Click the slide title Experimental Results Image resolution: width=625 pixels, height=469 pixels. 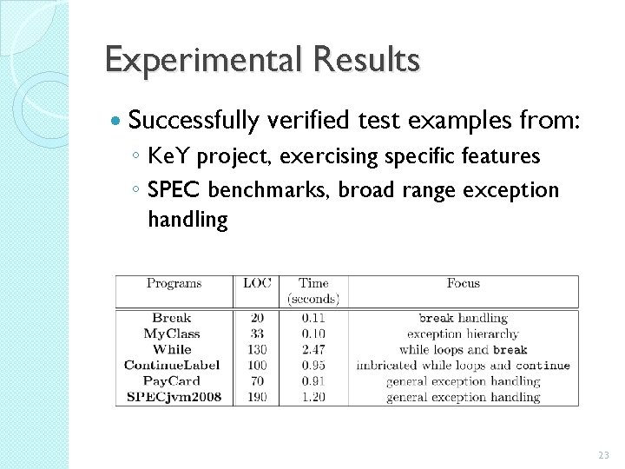click(262, 60)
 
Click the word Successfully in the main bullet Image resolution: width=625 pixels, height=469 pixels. click(194, 121)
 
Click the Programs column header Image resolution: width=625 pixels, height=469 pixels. click(174, 283)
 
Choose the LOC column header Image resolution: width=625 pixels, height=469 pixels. click(257, 283)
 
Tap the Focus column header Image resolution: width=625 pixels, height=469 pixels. click(463, 283)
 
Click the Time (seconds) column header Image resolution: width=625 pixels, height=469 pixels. click(313, 291)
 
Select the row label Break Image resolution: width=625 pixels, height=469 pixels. click(172, 318)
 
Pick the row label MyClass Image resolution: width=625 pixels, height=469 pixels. click(172, 334)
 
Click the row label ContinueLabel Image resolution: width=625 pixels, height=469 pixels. click(172, 366)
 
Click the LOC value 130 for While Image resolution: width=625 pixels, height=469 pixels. click(257, 349)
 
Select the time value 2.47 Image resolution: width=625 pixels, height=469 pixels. click(313, 349)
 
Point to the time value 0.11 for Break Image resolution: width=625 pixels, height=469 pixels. click(313, 318)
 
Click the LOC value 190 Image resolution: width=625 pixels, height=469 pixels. click(257, 397)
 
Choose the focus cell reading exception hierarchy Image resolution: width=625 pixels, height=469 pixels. click(463, 334)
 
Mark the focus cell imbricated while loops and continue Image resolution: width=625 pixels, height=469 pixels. click(463, 366)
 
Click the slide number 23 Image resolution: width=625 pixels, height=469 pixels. click(604, 455)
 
